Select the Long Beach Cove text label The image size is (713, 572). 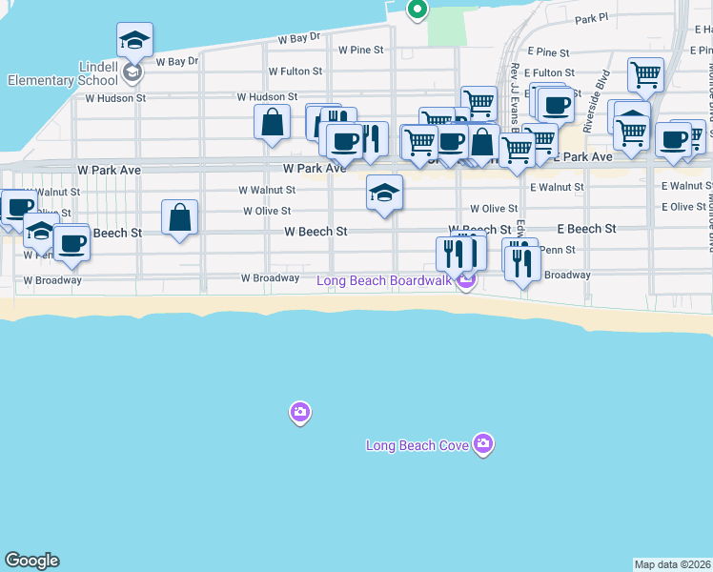pos(419,445)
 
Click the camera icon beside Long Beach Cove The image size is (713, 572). pos(483,444)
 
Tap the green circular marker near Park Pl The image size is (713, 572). pos(417,10)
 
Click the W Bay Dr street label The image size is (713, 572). pos(298,39)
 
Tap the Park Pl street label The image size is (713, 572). pos(591,18)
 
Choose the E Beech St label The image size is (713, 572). pos(586,229)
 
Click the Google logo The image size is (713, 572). pos(31,561)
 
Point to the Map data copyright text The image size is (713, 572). pos(672,564)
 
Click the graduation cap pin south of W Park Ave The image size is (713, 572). pos(385,194)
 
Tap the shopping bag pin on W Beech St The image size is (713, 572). pos(180,217)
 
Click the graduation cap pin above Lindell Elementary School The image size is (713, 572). pos(135,39)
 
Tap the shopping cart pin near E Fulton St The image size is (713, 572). pos(645,74)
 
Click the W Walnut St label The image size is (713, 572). pos(266,191)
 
